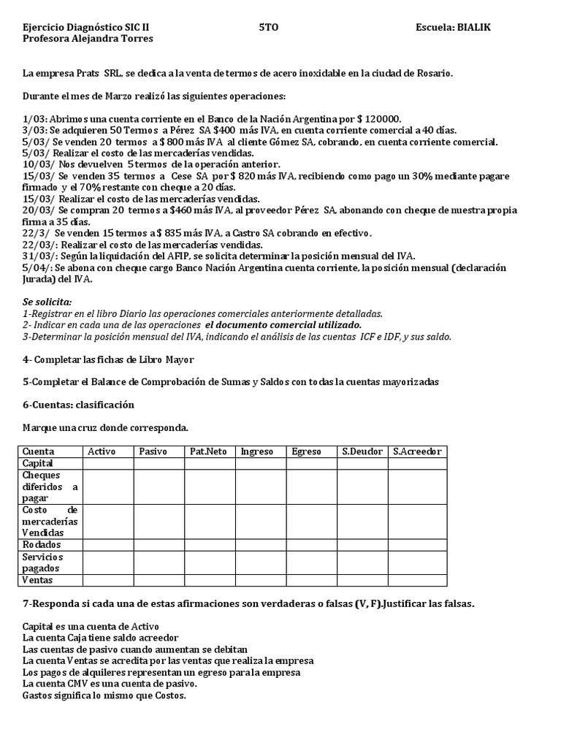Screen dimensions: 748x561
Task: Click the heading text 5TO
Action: [269, 27]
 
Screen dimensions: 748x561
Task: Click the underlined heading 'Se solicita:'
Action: [47, 301]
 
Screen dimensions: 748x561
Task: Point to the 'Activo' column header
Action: [102, 451]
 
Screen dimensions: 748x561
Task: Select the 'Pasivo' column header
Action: [153, 451]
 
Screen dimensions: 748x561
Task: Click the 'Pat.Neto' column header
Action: [207, 451]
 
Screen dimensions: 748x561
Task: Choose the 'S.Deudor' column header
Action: [362, 451]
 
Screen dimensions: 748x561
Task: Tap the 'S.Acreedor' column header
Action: [417, 451]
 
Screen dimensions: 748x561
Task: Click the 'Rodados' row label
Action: [42, 544]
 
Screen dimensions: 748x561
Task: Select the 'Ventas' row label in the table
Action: [38, 580]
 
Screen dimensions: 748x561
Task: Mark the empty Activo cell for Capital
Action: [107, 463]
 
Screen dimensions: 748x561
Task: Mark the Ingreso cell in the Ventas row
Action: [260, 580]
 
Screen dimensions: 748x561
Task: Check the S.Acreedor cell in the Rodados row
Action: [417, 544]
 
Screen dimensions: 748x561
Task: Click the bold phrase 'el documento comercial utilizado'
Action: [283, 324]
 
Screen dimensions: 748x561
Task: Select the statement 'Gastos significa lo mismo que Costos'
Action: [104, 695]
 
